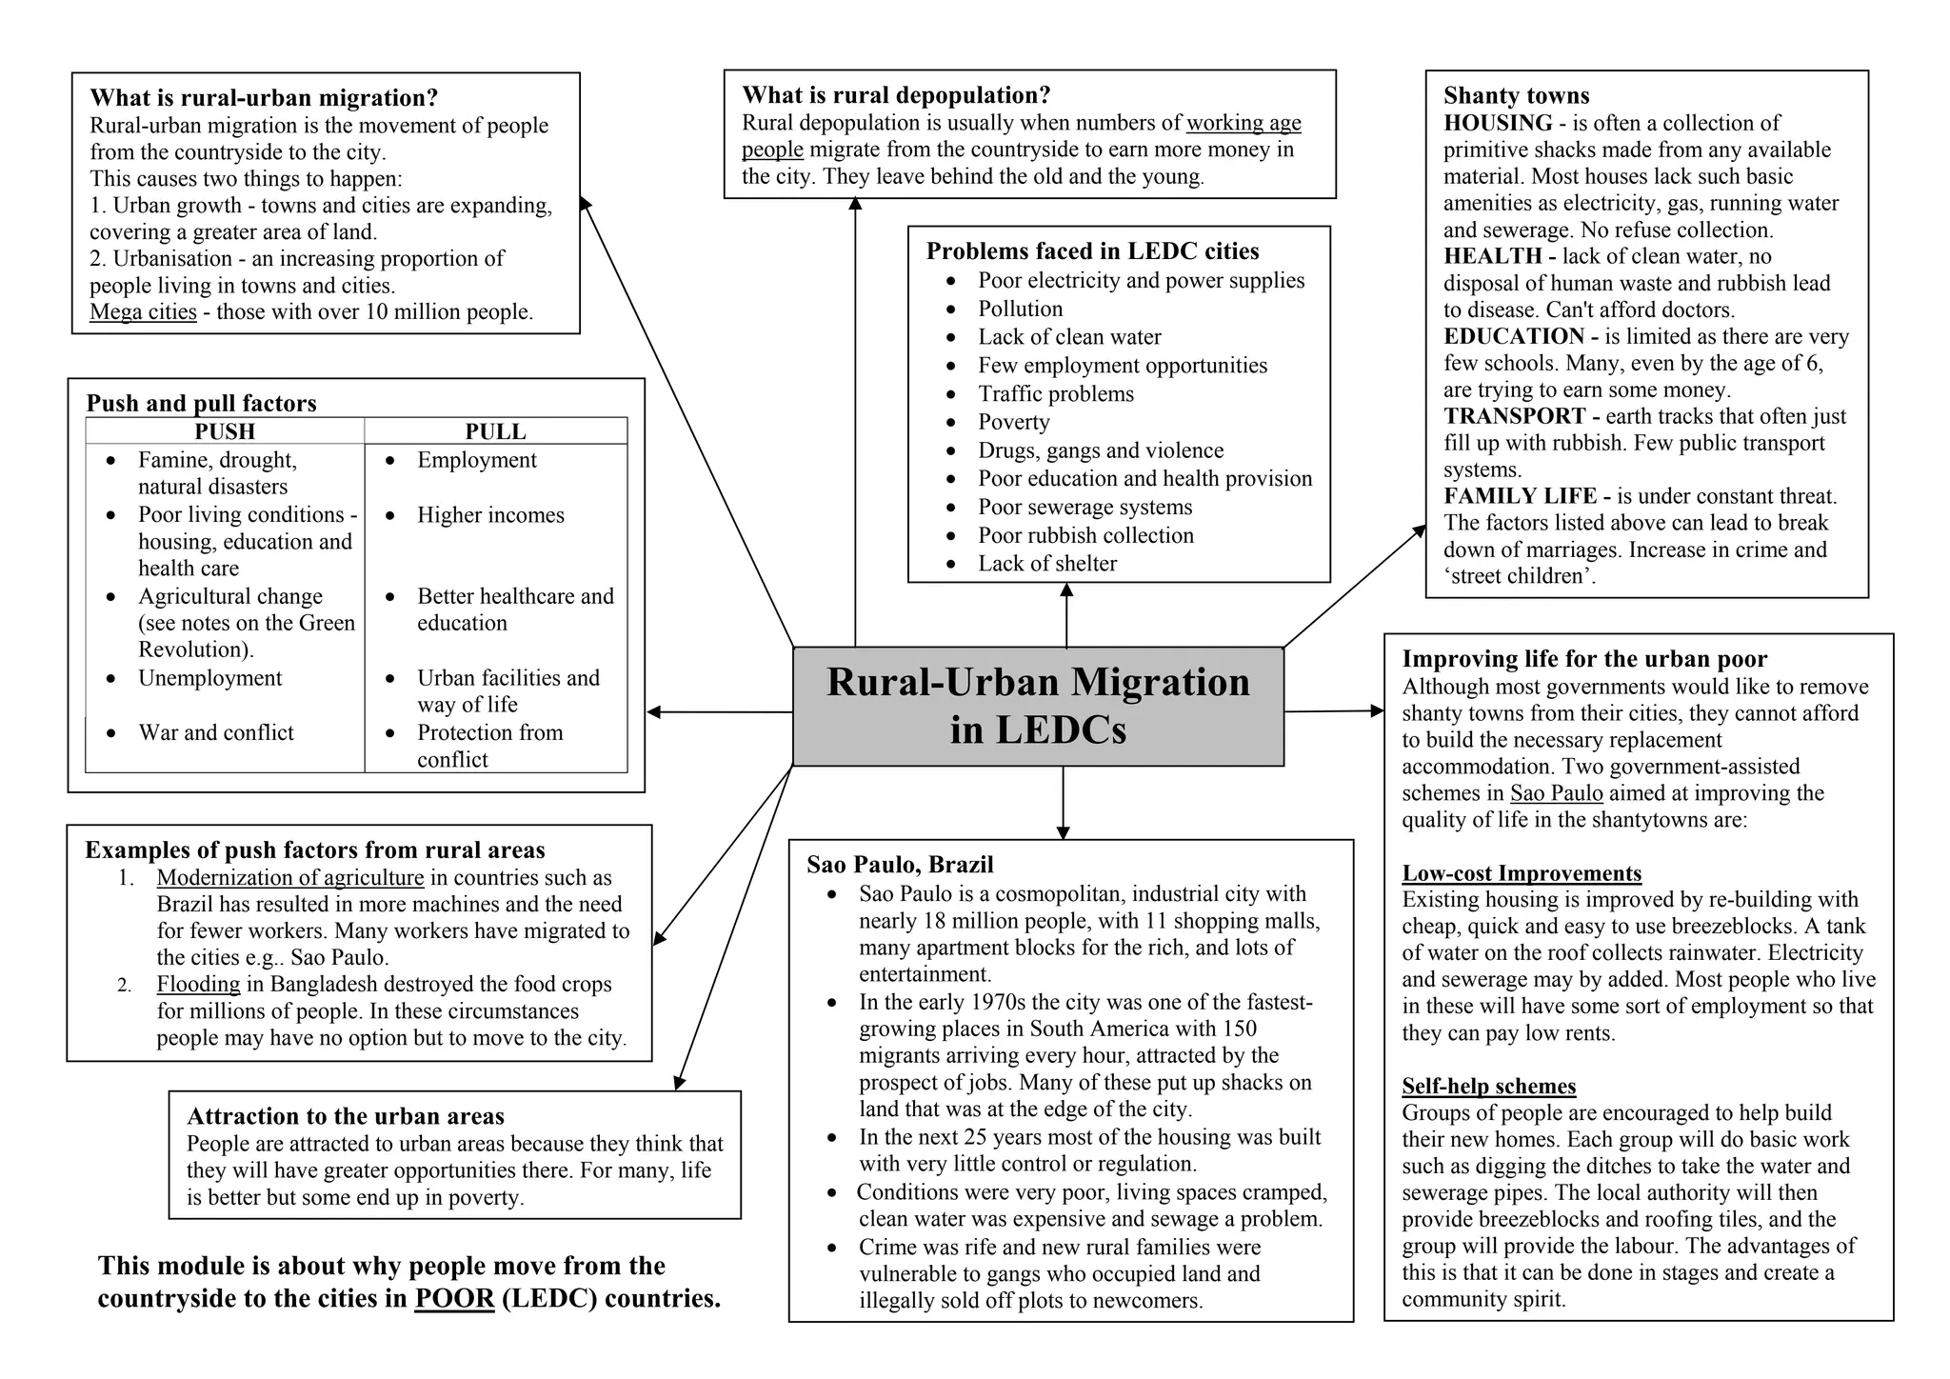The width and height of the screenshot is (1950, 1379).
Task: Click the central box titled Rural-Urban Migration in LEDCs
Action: coord(1038,706)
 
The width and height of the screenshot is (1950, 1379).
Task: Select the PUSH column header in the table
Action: coord(225,431)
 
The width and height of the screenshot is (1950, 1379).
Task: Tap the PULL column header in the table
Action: coord(495,431)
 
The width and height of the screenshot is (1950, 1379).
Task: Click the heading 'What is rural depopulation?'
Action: coord(896,95)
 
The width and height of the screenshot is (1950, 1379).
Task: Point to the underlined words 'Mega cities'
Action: coord(143,312)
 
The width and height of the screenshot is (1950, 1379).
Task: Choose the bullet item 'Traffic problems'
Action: coord(1055,394)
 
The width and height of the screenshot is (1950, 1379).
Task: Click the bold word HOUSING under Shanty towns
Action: coord(1498,123)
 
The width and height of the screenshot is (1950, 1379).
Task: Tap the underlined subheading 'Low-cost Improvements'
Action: coord(1522,873)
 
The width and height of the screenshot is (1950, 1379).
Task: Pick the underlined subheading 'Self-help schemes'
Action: coord(1488,1087)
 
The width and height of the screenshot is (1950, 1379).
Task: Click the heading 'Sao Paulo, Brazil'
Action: coord(900,865)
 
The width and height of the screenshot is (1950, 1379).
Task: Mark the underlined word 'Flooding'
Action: coord(198,985)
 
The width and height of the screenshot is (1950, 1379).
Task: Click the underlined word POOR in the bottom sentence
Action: coord(454,1299)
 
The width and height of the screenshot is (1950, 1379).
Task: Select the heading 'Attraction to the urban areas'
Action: coord(346,1116)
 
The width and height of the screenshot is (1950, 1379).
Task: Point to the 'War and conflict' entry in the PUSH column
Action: coord(216,732)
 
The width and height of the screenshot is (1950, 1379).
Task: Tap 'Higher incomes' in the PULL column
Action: coord(490,515)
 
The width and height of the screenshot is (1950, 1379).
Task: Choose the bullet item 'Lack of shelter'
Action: coord(1047,564)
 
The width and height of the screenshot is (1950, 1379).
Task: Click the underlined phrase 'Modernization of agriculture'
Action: coord(290,878)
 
